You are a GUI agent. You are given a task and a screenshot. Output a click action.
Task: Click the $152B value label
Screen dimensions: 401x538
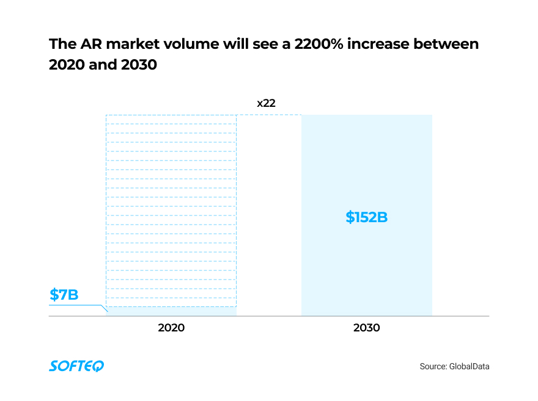tap(367, 217)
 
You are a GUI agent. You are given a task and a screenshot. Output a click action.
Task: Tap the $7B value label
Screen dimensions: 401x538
tap(64, 295)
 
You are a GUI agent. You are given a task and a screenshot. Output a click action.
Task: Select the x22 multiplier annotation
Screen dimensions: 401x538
tap(266, 103)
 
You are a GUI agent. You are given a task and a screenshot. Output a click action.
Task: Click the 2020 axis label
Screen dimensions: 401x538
tap(171, 328)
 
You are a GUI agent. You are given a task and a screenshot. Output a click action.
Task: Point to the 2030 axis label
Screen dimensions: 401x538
tap(367, 328)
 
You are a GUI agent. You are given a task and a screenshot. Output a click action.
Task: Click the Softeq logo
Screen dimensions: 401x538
tap(76, 366)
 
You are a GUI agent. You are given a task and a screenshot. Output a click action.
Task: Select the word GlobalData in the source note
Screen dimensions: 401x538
tap(470, 367)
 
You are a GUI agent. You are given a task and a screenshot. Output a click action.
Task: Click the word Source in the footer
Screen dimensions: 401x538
tap(432, 367)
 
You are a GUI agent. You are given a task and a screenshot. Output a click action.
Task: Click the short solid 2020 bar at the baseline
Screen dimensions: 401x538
tap(171, 311)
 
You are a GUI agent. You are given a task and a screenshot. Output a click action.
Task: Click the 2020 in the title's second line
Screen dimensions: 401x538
tap(66, 65)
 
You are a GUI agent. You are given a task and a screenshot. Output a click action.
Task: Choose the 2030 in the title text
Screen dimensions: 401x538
tap(139, 65)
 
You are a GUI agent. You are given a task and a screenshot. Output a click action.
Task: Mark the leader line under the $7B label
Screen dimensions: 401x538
tap(76, 305)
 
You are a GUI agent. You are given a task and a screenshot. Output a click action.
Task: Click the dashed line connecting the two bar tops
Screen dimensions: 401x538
tap(269, 115)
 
